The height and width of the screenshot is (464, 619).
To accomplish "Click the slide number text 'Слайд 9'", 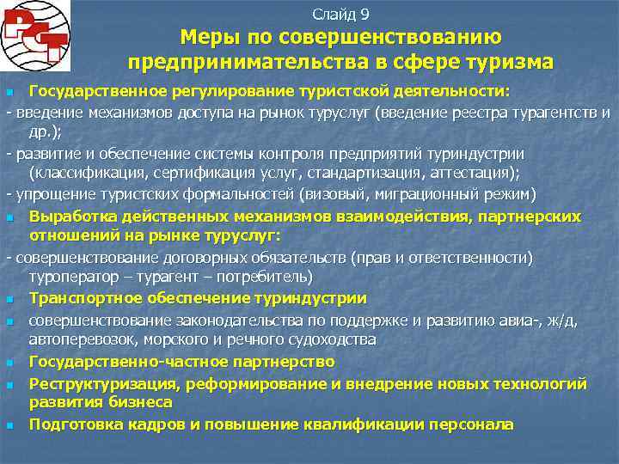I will pos(340,14).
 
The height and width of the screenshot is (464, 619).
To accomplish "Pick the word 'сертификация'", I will pos(184,172).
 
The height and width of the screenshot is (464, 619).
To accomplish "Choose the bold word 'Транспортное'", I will pos(82,298).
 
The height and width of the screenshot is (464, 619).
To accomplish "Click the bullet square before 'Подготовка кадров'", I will pos(9,425).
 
